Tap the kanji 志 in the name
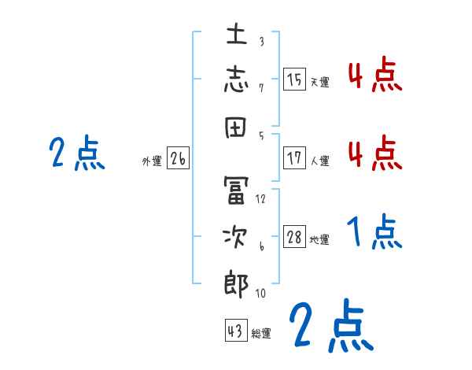click(x=237, y=80)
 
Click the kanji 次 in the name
click(x=237, y=237)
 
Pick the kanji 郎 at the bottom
click(x=237, y=283)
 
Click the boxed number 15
click(x=295, y=80)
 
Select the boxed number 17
click(x=295, y=157)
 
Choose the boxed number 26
click(x=178, y=159)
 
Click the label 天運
click(x=319, y=82)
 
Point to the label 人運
click(x=319, y=161)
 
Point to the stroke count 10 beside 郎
click(x=260, y=294)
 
